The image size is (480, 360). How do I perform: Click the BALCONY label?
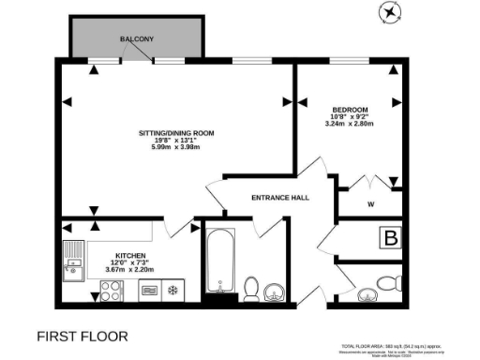point(137,39)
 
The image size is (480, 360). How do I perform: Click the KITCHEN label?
point(129,254)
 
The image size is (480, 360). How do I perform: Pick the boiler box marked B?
point(388,238)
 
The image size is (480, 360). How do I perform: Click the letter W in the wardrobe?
point(371,203)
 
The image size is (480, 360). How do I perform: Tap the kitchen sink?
point(72,259)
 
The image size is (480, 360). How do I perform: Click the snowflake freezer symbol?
point(172,292)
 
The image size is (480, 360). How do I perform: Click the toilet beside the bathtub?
point(250,288)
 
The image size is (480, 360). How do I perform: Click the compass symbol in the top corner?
point(389,11)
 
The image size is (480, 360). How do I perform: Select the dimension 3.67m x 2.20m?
point(127,269)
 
